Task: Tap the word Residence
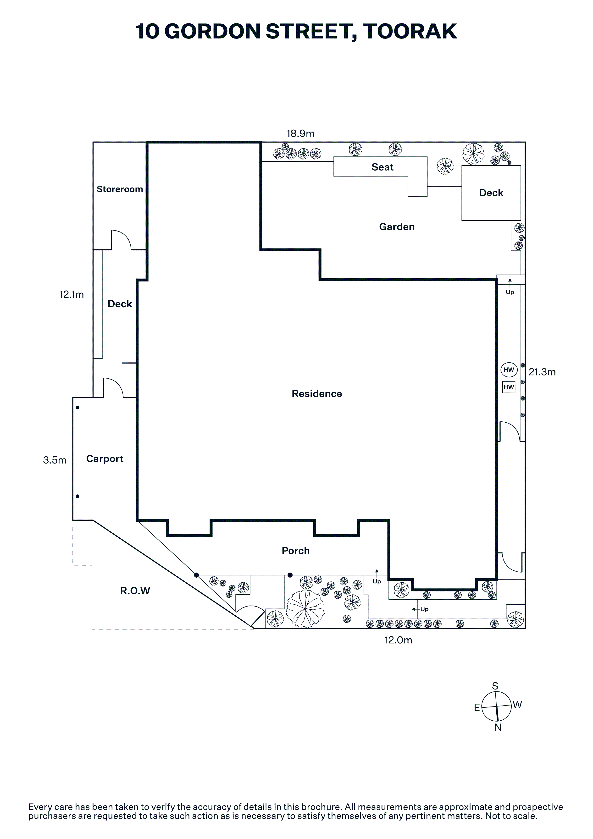317,394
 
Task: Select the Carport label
105,459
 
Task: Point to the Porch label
296,551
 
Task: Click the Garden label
397,227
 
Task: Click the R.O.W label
135,591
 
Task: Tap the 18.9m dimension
300,133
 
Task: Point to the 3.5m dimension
55,460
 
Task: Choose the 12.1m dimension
72,294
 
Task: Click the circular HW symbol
509,370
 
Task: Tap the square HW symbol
509,387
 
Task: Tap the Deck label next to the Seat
491,193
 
